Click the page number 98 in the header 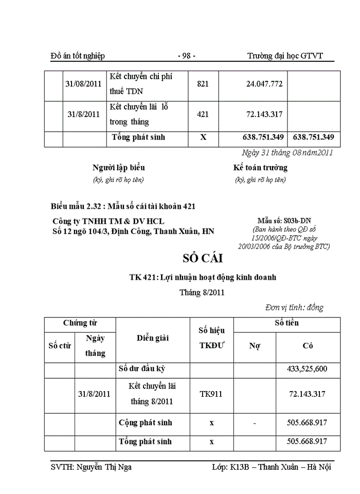[186, 56]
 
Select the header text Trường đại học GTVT [285, 56]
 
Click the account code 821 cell [203, 84]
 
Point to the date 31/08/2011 [83, 84]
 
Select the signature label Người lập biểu [118, 168]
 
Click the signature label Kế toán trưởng [260, 168]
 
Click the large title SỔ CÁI [202, 258]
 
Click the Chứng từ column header [80, 324]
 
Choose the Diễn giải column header [152, 338]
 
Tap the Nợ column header [255, 346]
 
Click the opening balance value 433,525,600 [308, 369]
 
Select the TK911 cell [211, 394]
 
